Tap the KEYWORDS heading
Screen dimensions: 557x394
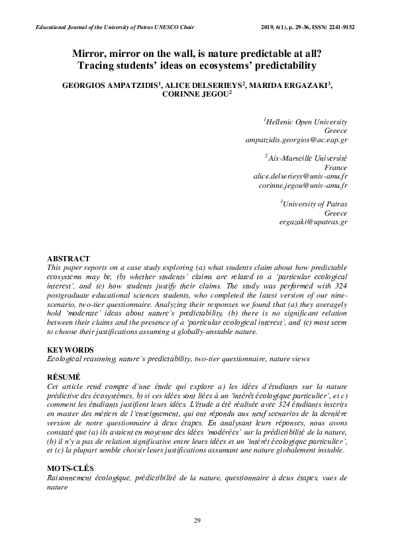point(67,349)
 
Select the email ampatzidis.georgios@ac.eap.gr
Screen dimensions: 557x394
point(297,140)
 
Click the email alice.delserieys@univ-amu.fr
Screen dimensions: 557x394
point(301,177)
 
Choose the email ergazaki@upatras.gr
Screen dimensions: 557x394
point(313,222)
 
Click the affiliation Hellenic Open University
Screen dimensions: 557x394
point(307,122)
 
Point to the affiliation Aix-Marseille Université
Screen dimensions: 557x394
point(307,159)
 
